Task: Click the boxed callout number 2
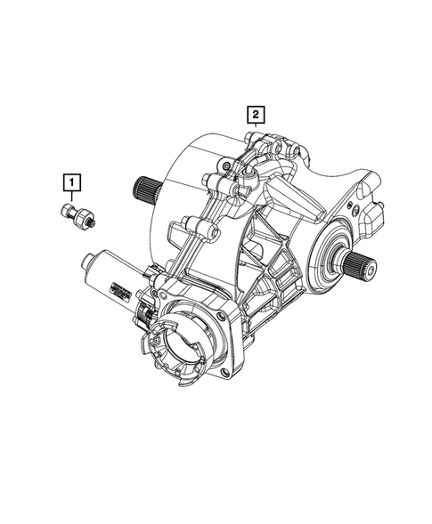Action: (x=256, y=115)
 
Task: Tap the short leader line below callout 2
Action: (x=256, y=126)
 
